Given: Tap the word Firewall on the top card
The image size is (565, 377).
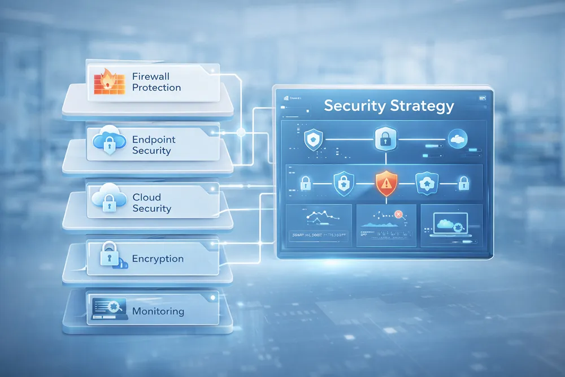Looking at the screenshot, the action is coord(150,76).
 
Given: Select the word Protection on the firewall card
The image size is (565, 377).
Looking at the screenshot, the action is coord(157,88).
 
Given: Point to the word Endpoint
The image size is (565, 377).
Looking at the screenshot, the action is coord(154,139).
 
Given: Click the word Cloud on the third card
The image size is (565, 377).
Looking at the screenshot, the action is coord(147,197).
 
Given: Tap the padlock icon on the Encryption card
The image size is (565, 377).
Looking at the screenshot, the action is coord(108,255).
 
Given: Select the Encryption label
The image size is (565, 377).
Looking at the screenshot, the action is coord(158,259).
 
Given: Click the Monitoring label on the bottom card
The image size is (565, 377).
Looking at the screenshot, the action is coord(158,311).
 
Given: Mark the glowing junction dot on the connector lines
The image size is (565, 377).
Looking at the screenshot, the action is coord(241,133).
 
